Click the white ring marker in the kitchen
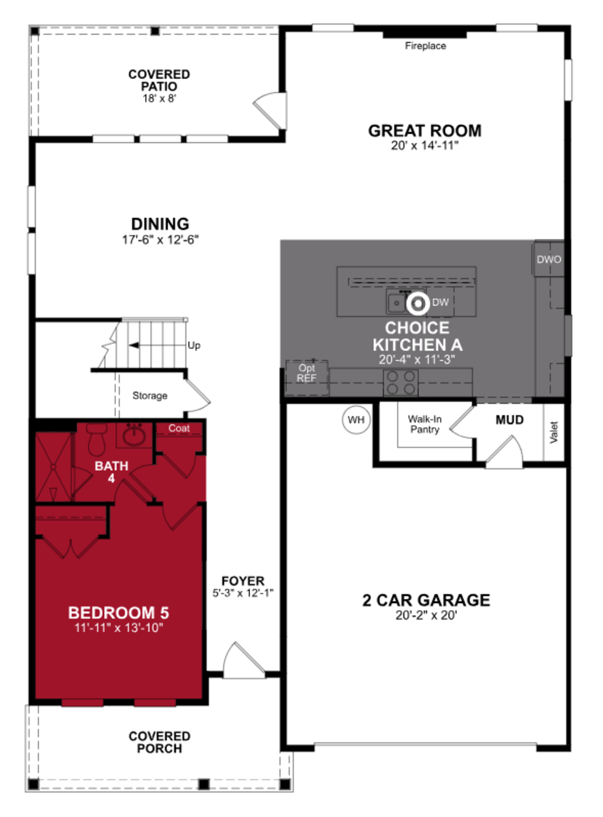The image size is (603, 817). (418, 303)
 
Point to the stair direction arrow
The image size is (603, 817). (134, 345)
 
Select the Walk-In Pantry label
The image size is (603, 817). (424, 424)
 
